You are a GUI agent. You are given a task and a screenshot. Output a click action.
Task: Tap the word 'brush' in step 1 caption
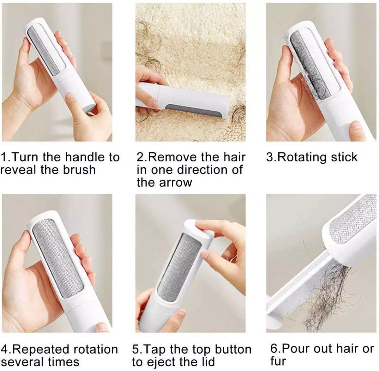point(79,170)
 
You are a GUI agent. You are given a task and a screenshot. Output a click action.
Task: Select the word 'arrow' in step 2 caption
point(175,183)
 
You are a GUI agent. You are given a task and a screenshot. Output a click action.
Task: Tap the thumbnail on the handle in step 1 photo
point(69,96)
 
